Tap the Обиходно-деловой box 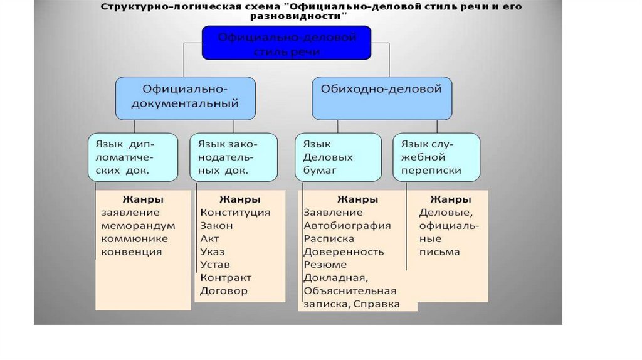coord(382,97)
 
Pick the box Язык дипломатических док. coord(132,157)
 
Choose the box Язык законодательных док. coord(233,157)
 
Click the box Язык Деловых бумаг coord(338,157)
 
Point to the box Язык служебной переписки coord(436,157)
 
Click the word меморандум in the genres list coord(138,226)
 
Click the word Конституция coord(235,213)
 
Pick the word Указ coord(213,251)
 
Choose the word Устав coord(214,265)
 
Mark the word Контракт coord(226,278)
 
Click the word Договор coord(224,291)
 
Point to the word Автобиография coord(347,226)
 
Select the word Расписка coord(329,239)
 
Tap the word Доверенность coord(344,252)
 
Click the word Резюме coord(325,265)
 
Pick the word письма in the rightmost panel coord(439,252)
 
